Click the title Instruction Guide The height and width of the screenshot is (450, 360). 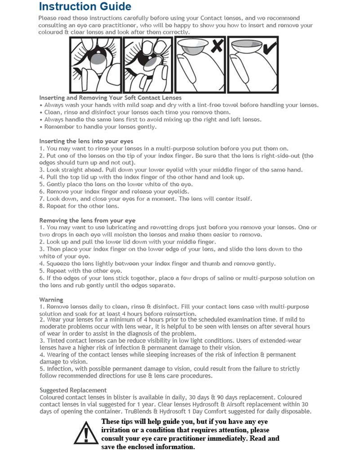pos(85,7)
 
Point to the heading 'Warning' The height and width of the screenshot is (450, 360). pos(51,299)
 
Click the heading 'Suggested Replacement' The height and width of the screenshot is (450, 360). pos(73,390)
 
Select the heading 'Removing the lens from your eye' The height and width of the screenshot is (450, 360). pos(87,220)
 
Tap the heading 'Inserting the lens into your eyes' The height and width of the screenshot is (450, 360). pos(86,141)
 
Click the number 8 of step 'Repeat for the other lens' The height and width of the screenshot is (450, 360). pos(41,206)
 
